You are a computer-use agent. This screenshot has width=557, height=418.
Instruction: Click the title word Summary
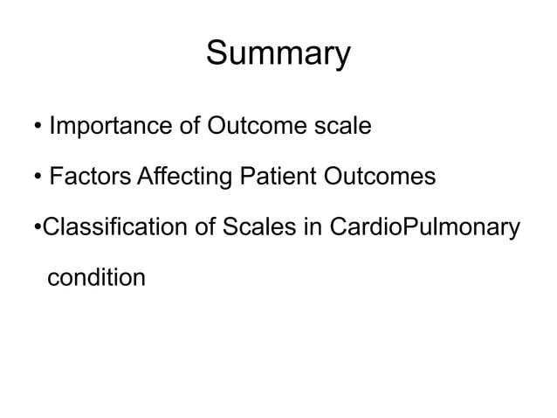pyautogui.click(x=278, y=55)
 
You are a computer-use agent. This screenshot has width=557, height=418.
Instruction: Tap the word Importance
pyautogui.click(x=110, y=127)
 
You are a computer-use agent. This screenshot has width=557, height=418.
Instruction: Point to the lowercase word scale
pyautogui.click(x=342, y=127)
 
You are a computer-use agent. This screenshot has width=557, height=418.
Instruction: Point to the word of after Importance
pyautogui.click(x=189, y=127)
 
